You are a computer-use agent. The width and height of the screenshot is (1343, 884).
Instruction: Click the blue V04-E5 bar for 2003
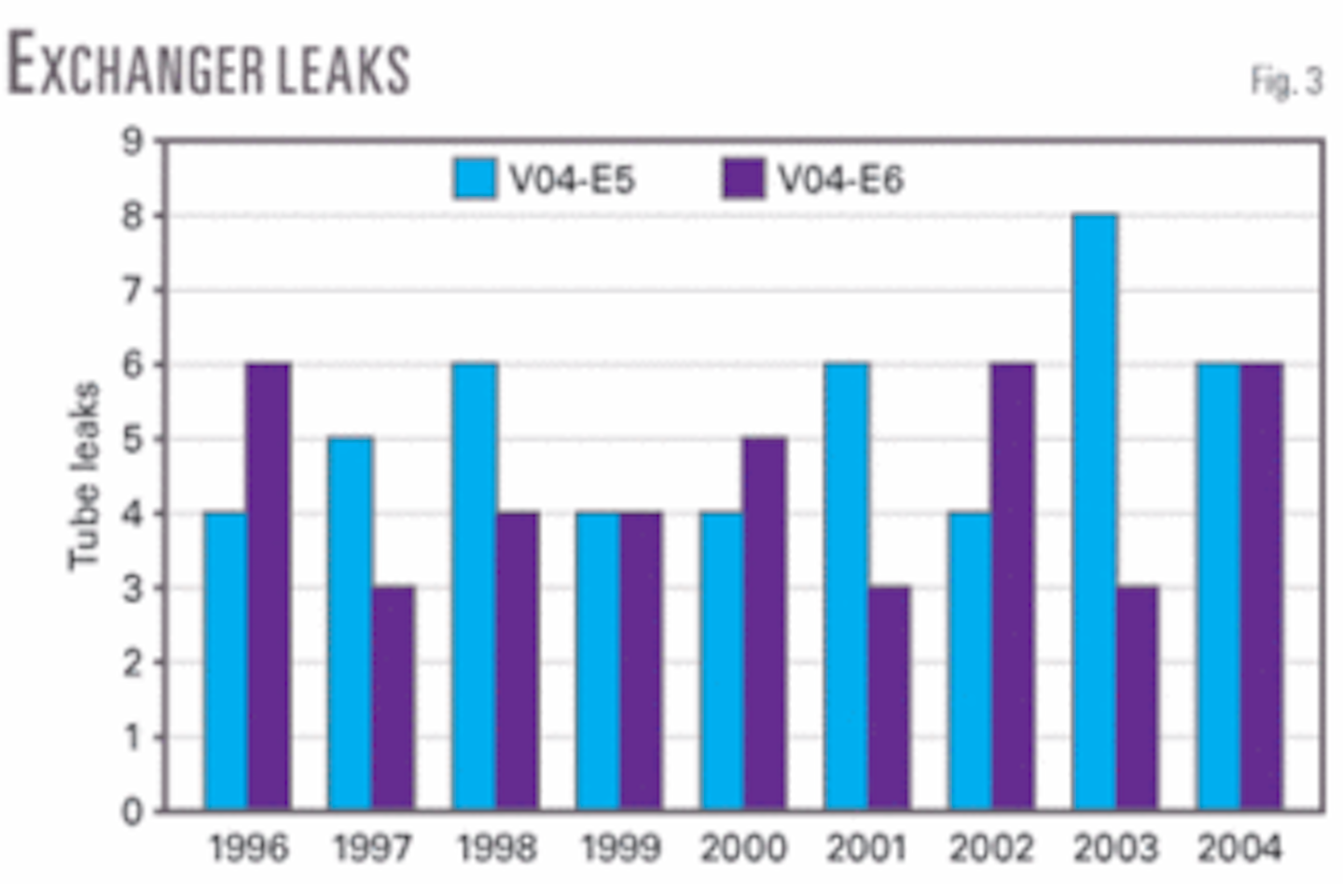(x=1095, y=512)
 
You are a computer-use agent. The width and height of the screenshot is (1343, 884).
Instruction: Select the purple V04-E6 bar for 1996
(x=269, y=587)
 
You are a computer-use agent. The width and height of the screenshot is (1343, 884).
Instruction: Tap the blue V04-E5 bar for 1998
(x=475, y=587)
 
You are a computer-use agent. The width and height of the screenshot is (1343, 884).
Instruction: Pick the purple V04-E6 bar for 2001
(x=889, y=698)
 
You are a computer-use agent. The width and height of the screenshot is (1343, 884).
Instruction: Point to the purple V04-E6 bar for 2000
(x=765, y=624)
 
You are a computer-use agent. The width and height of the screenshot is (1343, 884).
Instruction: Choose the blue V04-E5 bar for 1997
(x=351, y=624)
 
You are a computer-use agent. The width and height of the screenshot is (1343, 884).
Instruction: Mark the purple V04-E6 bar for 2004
(x=1261, y=587)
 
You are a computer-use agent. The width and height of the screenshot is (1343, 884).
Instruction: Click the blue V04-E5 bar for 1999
(x=598, y=661)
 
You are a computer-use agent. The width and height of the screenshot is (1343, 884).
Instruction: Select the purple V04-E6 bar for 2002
(x=1013, y=587)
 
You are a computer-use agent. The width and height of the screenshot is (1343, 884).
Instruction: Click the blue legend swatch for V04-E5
(x=475, y=178)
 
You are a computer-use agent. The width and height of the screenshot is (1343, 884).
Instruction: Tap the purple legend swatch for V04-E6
(x=743, y=178)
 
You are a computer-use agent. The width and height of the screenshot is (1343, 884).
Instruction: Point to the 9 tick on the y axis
(x=134, y=142)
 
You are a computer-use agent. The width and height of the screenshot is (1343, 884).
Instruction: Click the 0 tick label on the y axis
(x=134, y=811)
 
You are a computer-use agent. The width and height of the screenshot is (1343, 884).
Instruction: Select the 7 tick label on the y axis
(x=134, y=291)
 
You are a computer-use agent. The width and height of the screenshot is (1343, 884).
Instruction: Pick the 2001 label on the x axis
(x=866, y=849)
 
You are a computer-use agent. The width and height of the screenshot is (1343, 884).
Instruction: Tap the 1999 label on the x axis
(x=619, y=849)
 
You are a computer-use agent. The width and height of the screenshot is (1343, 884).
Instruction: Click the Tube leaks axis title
(x=84, y=476)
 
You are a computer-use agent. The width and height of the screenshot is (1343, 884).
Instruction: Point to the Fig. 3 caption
(x=1286, y=82)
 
